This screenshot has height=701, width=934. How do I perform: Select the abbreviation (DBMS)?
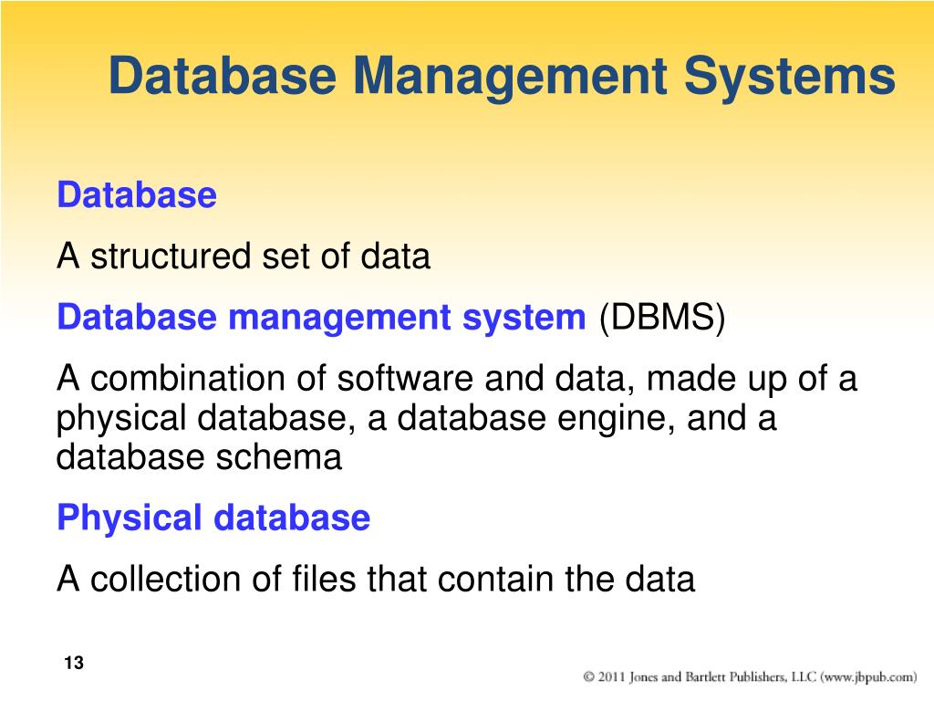click(x=661, y=319)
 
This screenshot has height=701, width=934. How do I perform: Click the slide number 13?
click(x=74, y=664)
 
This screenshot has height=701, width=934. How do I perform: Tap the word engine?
click(x=620, y=419)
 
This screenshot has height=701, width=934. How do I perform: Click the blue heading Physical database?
click(x=213, y=518)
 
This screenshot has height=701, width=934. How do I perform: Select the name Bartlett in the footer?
click(x=708, y=677)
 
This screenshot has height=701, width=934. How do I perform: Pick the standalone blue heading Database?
click(x=137, y=195)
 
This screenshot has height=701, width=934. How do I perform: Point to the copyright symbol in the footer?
click(x=589, y=677)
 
